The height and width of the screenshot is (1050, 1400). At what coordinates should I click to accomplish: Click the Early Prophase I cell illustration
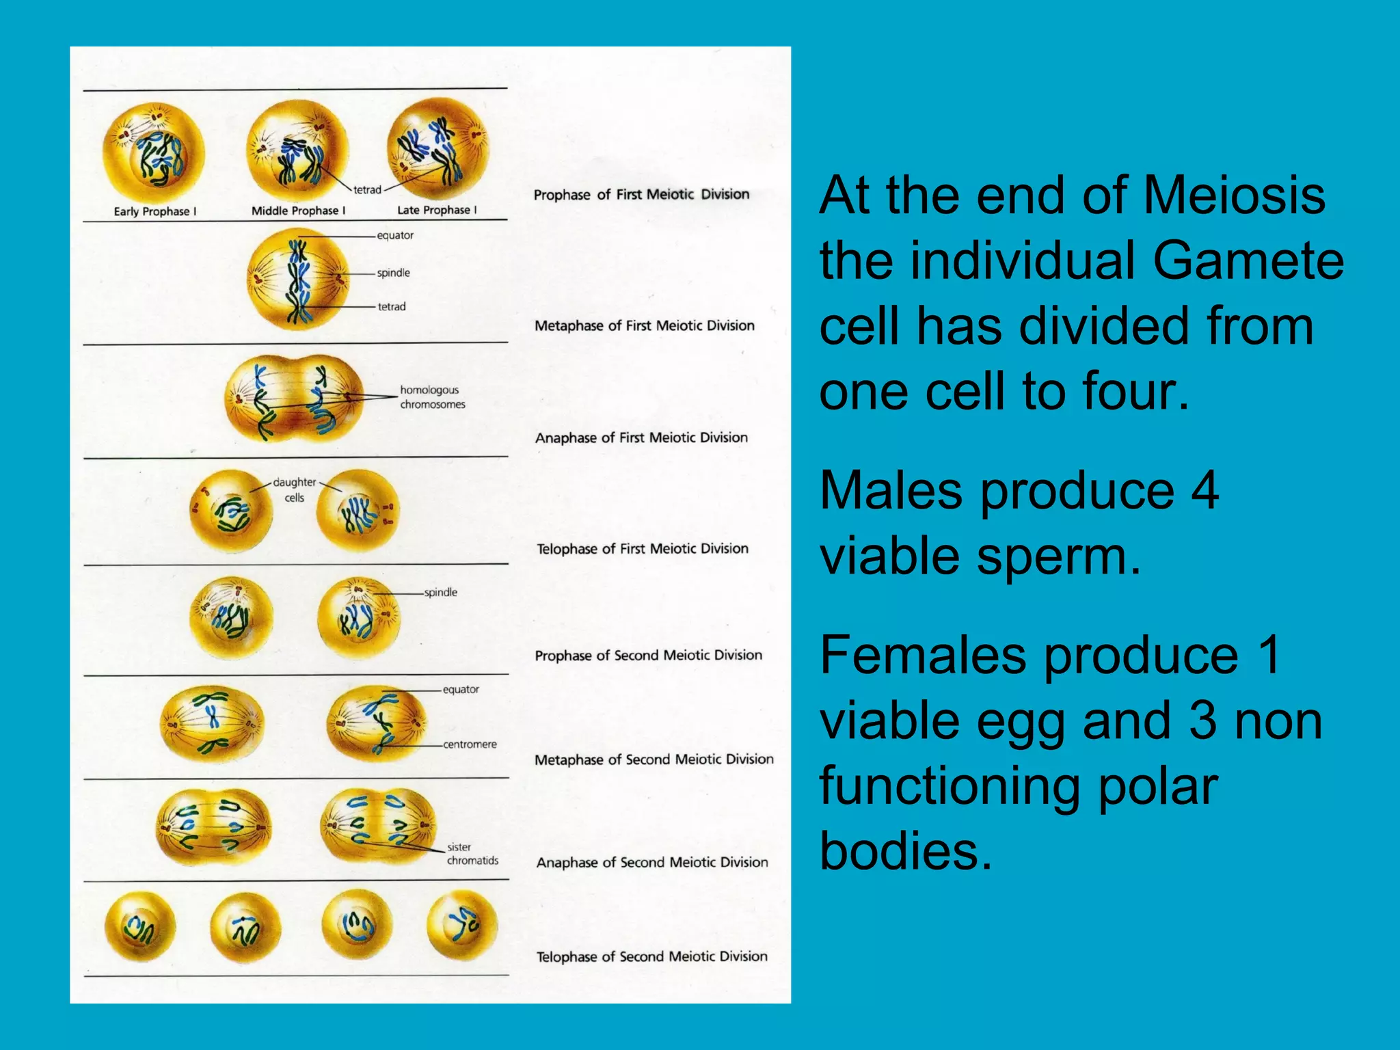pyautogui.click(x=154, y=152)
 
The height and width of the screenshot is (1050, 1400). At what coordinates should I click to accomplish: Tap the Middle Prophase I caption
pyautogui.click(x=298, y=211)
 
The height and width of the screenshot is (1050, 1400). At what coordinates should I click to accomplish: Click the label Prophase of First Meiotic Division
pyautogui.click(x=641, y=195)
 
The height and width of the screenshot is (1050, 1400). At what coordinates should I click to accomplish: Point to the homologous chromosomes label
pyautogui.click(x=432, y=397)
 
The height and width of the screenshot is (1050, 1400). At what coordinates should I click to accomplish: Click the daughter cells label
pyautogui.click(x=295, y=489)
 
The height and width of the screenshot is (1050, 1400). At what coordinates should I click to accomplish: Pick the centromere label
pyautogui.click(x=470, y=744)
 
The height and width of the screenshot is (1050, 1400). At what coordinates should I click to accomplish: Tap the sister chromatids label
pyautogui.click(x=472, y=854)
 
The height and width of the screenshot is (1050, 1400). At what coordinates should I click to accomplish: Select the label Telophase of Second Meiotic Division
pyautogui.click(x=651, y=957)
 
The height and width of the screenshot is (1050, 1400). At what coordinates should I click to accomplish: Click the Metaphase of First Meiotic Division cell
pyautogui.click(x=298, y=278)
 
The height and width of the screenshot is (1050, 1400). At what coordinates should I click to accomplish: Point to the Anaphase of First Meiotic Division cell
pyautogui.click(x=294, y=398)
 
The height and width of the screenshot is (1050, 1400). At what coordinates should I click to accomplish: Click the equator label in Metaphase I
pyautogui.click(x=395, y=235)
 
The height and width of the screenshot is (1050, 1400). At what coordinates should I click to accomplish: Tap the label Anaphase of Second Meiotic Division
pyautogui.click(x=651, y=863)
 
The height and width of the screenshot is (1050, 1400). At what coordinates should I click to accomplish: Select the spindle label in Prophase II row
pyautogui.click(x=440, y=592)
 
